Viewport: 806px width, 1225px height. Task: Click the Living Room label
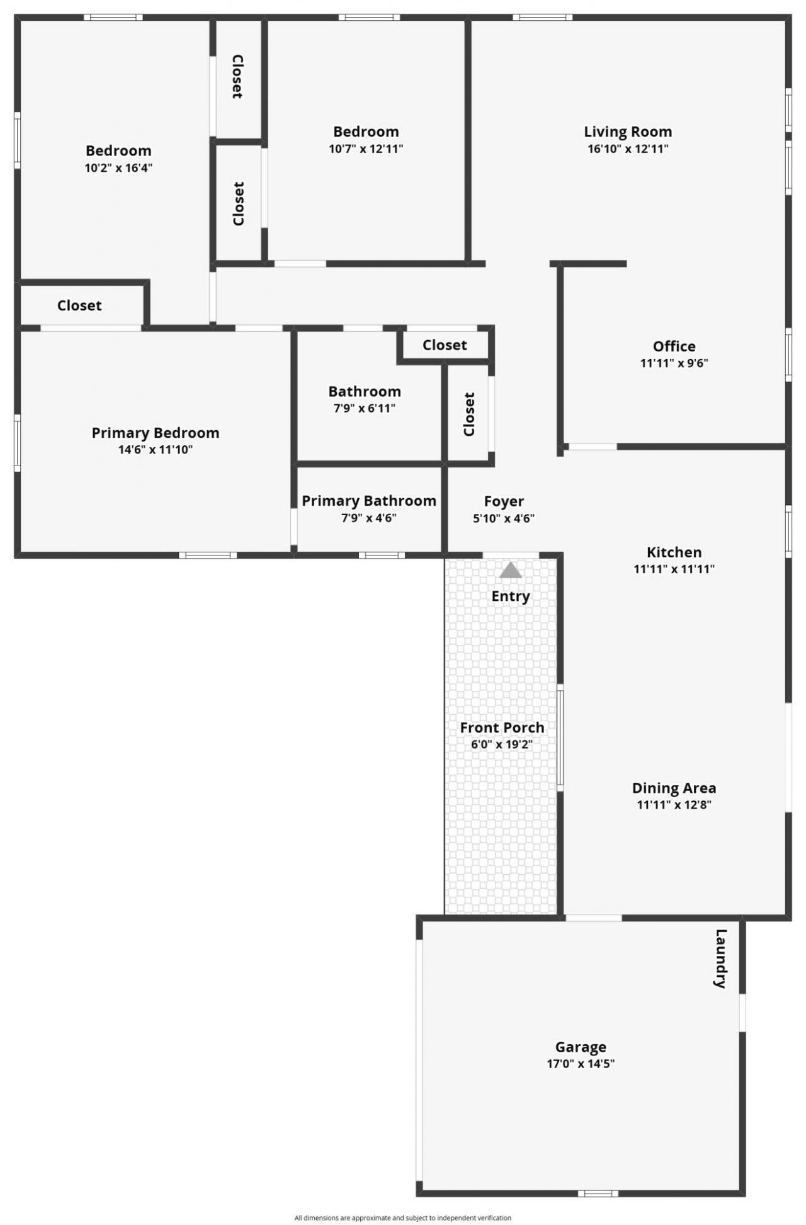pyautogui.click(x=628, y=132)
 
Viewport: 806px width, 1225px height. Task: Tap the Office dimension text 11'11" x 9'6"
pyautogui.click(x=674, y=363)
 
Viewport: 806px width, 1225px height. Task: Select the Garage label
pyautogui.click(x=581, y=1047)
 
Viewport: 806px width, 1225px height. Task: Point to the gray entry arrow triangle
pyautogui.click(x=511, y=571)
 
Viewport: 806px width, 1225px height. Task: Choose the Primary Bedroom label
pyautogui.click(x=156, y=433)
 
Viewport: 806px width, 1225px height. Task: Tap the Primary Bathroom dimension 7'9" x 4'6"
pyautogui.click(x=369, y=518)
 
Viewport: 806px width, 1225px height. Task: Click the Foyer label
pyautogui.click(x=504, y=501)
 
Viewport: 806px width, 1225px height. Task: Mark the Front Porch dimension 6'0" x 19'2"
pyautogui.click(x=502, y=744)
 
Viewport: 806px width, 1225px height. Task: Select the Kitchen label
pyautogui.click(x=674, y=552)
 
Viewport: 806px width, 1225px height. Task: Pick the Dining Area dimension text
pyautogui.click(x=674, y=804)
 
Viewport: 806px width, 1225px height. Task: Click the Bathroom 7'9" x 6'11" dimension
pyautogui.click(x=365, y=408)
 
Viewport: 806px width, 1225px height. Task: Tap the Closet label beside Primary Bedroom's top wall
pyautogui.click(x=79, y=305)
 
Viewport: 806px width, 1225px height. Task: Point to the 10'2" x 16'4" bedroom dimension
pyautogui.click(x=118, y=168)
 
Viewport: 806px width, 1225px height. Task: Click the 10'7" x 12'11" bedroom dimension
pyautogui.click(x=366, y=149)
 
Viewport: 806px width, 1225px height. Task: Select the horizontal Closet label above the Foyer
pyautogui.click(x=445, y=345)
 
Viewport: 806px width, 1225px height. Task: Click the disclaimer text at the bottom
pyautogui.click(x=403, y=1218)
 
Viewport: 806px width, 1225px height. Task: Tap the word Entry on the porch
pyautogui.click(x=511, y=596)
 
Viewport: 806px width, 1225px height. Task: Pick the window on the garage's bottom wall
pyautogui.click(x=598, y=1193)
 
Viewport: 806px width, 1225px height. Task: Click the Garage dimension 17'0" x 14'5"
pyautogui.click(x=581, y=1064)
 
